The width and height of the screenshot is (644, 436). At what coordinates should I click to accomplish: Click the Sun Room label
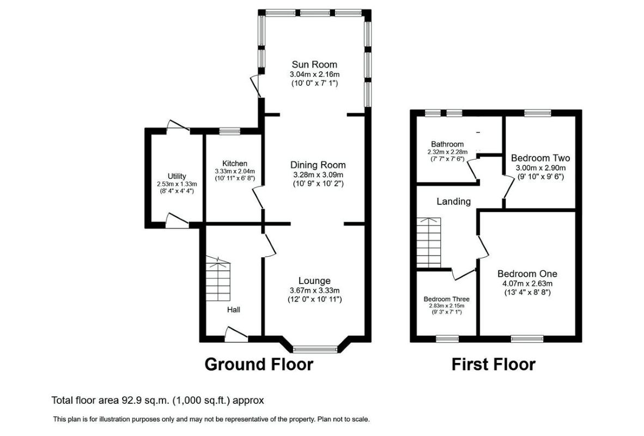pyautogui.click(x=314, y=64)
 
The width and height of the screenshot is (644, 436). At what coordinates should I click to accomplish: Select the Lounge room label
pyautogui.click(x=314, y=281)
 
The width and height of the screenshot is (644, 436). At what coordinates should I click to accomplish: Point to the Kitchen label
pyautogui.click(x=235, y=163)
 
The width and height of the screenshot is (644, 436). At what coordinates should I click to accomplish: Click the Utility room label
pyautogui.click(x=177, y=176)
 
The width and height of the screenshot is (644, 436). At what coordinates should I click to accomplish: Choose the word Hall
pyautogui.click(x=234, y=310)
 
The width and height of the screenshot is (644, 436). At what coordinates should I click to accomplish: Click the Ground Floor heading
pyautogui.click(x=259, y=365)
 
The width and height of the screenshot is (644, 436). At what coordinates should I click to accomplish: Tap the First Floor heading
pyautogui.click(x=494, y=365)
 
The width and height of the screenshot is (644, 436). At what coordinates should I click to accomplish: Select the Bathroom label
pyautogui.click(x=447, y=144)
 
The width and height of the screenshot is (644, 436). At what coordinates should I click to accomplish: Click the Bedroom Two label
pyautogui.click(x=540, y=158)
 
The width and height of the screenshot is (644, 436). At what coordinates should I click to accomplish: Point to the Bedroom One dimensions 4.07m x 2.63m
pyautogui.click(x=527, y=283)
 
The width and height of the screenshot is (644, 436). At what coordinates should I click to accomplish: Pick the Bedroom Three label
pyautogui.click(x=446, y=299)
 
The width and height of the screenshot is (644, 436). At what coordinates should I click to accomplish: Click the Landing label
pyautogui.click(x=453, y=201)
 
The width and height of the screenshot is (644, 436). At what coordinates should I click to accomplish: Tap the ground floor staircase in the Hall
pyautogui.click(x=218, y=278)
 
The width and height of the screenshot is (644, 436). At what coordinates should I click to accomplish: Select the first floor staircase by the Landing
pyautogui.click(x=429, y=243)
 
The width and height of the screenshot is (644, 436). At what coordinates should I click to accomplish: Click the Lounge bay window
pyautogui.click(x=315, y=349)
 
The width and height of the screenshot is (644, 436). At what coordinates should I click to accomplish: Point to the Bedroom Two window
pyautogui.click(x=538, y=113)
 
